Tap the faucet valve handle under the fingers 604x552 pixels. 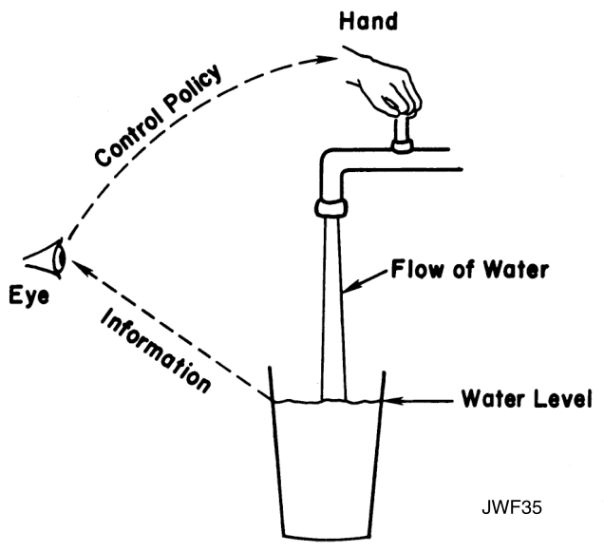[403, 133]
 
